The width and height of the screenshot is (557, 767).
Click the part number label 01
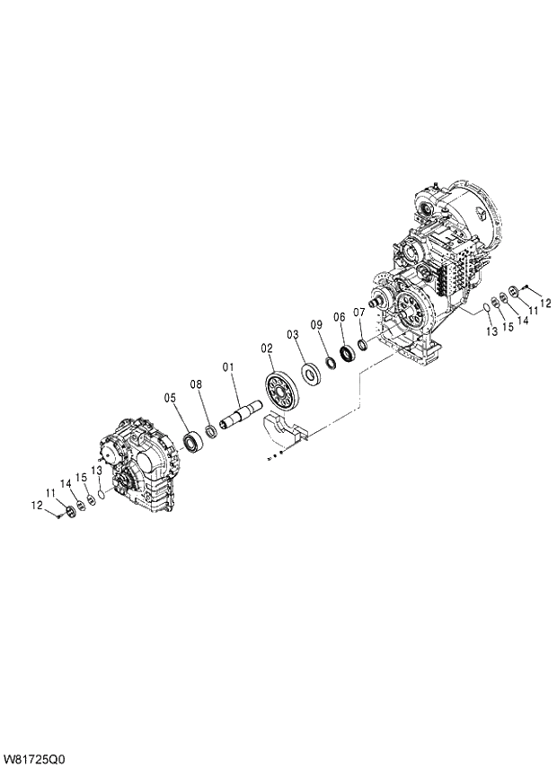228,366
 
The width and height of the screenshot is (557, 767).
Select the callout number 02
267,347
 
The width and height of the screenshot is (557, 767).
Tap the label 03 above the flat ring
292,334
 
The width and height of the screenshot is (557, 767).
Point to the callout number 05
170,397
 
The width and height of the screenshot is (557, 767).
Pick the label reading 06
339,316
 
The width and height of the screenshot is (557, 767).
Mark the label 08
195,383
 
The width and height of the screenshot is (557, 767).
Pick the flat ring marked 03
312,371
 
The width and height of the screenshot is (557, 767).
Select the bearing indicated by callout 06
346,354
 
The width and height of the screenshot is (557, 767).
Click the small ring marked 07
362,345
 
